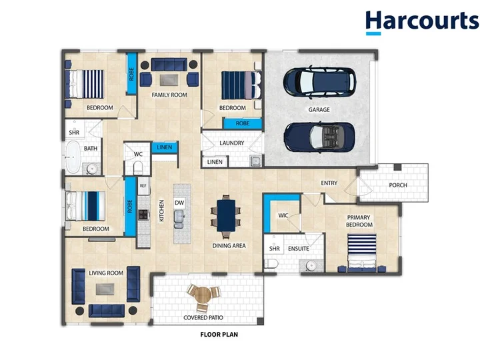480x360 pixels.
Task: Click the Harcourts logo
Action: coord(422,22)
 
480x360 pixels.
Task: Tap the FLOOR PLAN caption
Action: coord(219,335)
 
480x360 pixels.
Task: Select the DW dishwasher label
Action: coord(179,203)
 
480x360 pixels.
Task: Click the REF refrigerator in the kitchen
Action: coord(143,186)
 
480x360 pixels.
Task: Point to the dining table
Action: coord(226,215)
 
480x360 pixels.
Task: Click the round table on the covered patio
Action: coord(203,296)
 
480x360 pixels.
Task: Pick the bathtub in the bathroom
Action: coord(73,157)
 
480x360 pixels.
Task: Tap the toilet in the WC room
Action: coord(138,168)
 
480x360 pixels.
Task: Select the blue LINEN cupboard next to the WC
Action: coord(165,147)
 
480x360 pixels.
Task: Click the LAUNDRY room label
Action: coord(232,143)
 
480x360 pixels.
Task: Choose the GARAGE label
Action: coord(319,109)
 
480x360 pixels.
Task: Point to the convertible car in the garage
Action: coord(319,137)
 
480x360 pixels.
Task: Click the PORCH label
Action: coord(398,185)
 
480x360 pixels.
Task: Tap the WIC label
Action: coord(283,215)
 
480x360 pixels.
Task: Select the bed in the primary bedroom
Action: coord(362,253)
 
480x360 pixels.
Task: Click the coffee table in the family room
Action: coord(169,80)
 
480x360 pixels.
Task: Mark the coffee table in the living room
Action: coord(105,289)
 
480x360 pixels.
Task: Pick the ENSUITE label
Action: coord(299,249)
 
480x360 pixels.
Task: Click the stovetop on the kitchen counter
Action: coord(143,214)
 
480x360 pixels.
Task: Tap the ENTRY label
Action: coord(329,183)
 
